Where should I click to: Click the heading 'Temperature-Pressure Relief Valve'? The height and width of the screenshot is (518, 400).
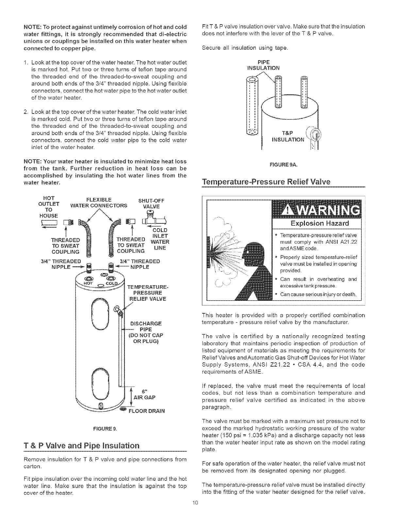click(x=266, y=181)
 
